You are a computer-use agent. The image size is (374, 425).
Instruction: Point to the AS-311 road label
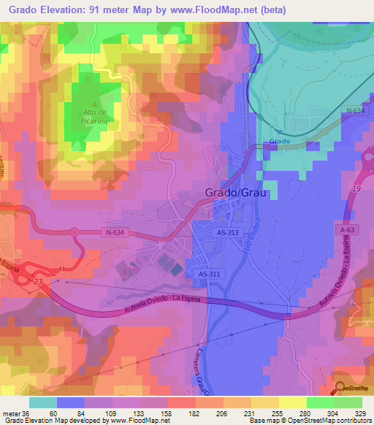pyautogui.click(x=210, y=274)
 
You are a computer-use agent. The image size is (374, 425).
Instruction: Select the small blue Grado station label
pyautogui.click(x=280, y=141)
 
